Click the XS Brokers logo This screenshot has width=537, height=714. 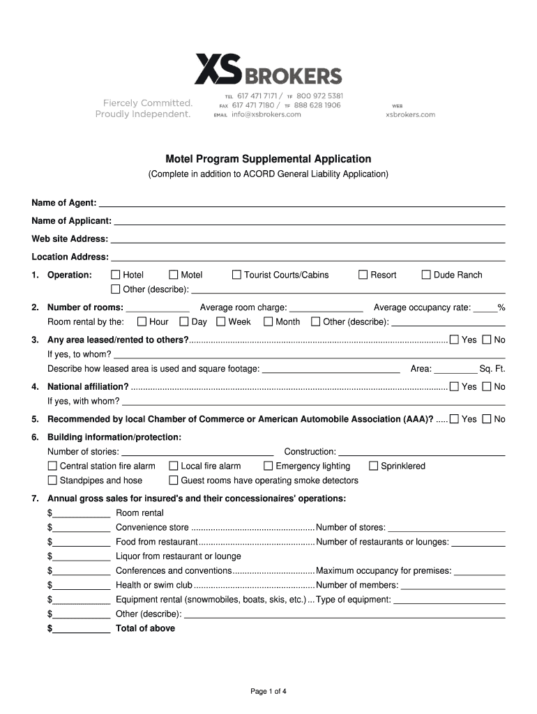click(268, 70)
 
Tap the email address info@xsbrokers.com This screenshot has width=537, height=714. click(266, 114)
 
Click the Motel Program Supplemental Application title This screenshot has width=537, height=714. click(268, 159)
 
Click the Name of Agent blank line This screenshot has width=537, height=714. click(302, 203)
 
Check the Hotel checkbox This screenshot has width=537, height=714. click(116, 275)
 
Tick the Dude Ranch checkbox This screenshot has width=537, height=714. click(426, 275)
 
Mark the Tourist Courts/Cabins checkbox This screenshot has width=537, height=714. click(237, 275)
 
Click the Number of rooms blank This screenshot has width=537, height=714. click(158, 307)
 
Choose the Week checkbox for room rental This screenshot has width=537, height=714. click(221, 322)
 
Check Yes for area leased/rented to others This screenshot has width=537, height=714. click(455, 340)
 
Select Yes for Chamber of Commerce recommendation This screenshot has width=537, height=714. click(455, 419)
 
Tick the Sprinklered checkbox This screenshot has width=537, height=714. click(374, 466)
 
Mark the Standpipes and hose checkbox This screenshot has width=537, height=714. click(52, 480)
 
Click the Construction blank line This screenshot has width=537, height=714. click(421, 452)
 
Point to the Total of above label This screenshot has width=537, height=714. click(145, 628)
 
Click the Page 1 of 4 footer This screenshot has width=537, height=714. click(268, 692)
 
